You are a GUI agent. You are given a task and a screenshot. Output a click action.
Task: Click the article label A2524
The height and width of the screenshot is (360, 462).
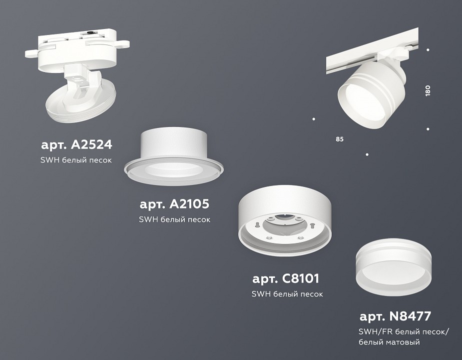[76, 145]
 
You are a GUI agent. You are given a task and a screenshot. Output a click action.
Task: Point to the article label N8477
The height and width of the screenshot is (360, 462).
[395, 316]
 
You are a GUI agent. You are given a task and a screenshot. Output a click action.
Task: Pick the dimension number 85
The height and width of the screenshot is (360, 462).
[340, 138]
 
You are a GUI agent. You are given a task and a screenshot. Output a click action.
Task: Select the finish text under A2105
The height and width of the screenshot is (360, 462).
[174, 219]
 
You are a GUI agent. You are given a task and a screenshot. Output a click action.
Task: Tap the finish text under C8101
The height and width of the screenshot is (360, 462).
[287, 293]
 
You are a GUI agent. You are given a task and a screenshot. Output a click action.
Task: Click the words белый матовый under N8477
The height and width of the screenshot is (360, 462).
[389, 342]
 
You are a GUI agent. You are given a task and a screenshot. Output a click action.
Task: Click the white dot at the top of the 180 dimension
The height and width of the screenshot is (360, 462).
[428, 49]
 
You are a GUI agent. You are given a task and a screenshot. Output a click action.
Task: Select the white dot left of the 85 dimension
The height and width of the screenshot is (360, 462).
[314, 119]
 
